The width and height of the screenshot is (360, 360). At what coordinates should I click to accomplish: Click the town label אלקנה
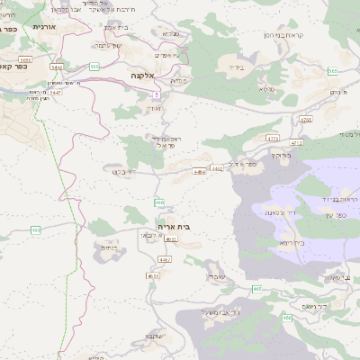144,76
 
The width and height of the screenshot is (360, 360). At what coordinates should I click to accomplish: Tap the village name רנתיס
110,247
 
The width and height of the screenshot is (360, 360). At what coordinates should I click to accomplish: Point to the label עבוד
215,275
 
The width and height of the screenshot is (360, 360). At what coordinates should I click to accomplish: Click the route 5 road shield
156,94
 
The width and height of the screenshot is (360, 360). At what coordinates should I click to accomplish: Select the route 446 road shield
159,202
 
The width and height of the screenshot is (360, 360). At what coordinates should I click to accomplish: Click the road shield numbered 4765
304,119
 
